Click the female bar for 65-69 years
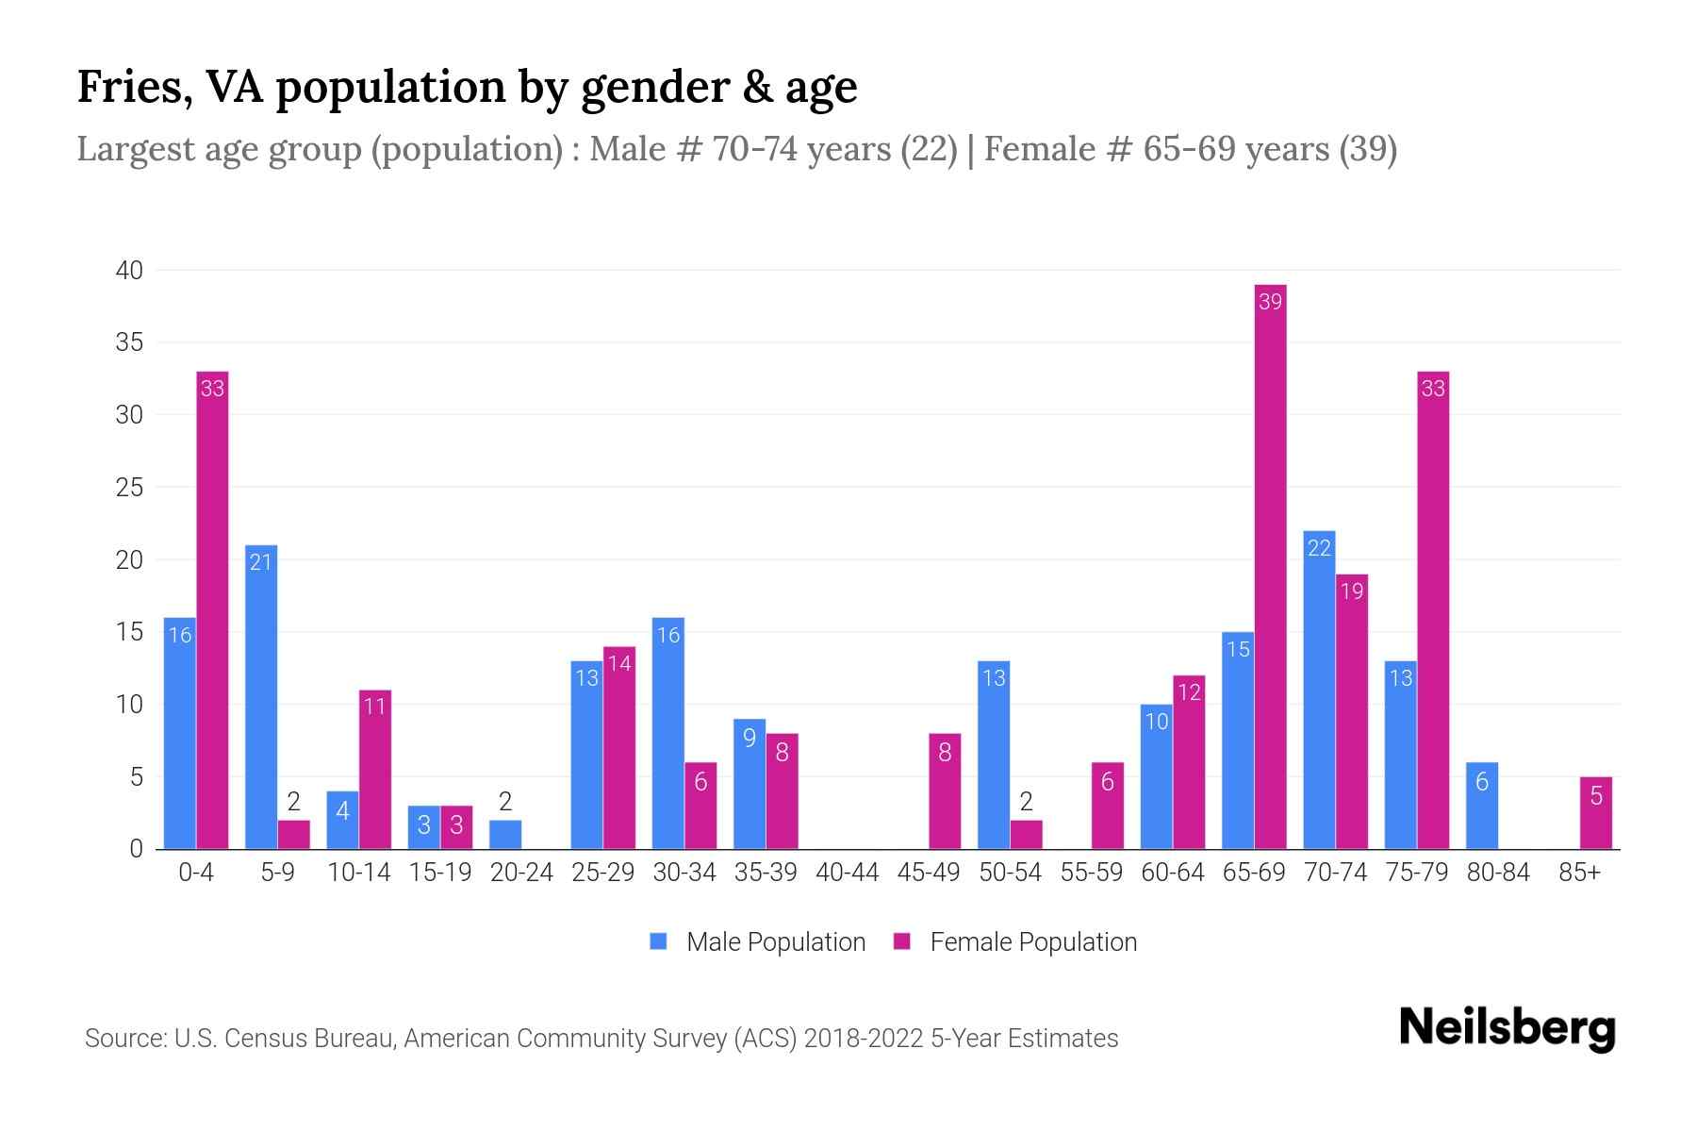pos(1270,566)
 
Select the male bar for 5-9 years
pos(261,698)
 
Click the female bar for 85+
pos(1595,813)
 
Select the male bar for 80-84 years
pos(1482,806)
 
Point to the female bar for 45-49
pos(945,791)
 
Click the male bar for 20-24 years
pos(505,835)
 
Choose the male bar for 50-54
pos(994,755)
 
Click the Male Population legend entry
pos(757,941)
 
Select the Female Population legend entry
pos(1015,941)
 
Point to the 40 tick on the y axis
pos(129,271)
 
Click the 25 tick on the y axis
pos(129,488)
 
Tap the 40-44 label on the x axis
pos(847,873)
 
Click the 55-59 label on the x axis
pos(1091,873)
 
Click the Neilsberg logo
pos(1507,1028)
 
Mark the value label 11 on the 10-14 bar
pos(375,707)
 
